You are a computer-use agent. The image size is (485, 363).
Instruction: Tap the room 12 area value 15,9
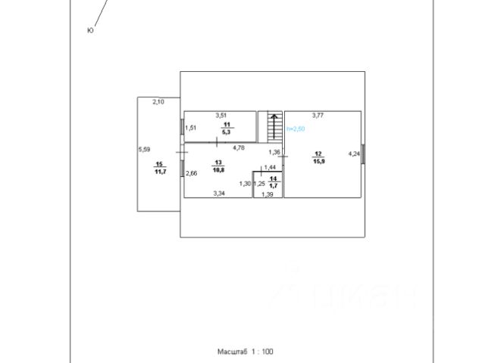[x=318, y=160]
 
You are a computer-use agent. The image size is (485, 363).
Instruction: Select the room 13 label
[x=218, y=163]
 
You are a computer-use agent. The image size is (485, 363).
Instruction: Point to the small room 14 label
[x=273, y=178]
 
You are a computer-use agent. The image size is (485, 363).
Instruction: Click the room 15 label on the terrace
[x=159, y=164]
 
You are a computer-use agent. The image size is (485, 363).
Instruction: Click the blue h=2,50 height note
[x=295, y=130]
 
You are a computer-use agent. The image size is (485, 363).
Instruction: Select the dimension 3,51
[x=221, y=115]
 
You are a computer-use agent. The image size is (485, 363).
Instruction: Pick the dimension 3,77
[x=318, y=115]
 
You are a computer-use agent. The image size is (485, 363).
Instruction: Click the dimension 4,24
[x=353, y=154]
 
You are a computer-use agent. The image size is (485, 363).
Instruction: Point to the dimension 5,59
[x=144, y=149]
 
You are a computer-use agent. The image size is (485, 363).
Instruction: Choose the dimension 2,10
[x=158, y=101]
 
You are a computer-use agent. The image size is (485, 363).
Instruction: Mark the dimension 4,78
[x=239, y=147]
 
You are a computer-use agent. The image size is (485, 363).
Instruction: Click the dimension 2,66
[x=192, y=173]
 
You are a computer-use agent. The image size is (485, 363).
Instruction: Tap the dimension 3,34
[x=219, y=194]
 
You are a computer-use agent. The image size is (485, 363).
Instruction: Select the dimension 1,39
[x=268, y=194]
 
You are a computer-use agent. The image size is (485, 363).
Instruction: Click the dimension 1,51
[x=192, y=127]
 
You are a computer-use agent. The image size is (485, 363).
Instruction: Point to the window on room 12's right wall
[x=363, y=154]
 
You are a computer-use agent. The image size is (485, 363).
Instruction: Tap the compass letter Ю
[x=90, y=30]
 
